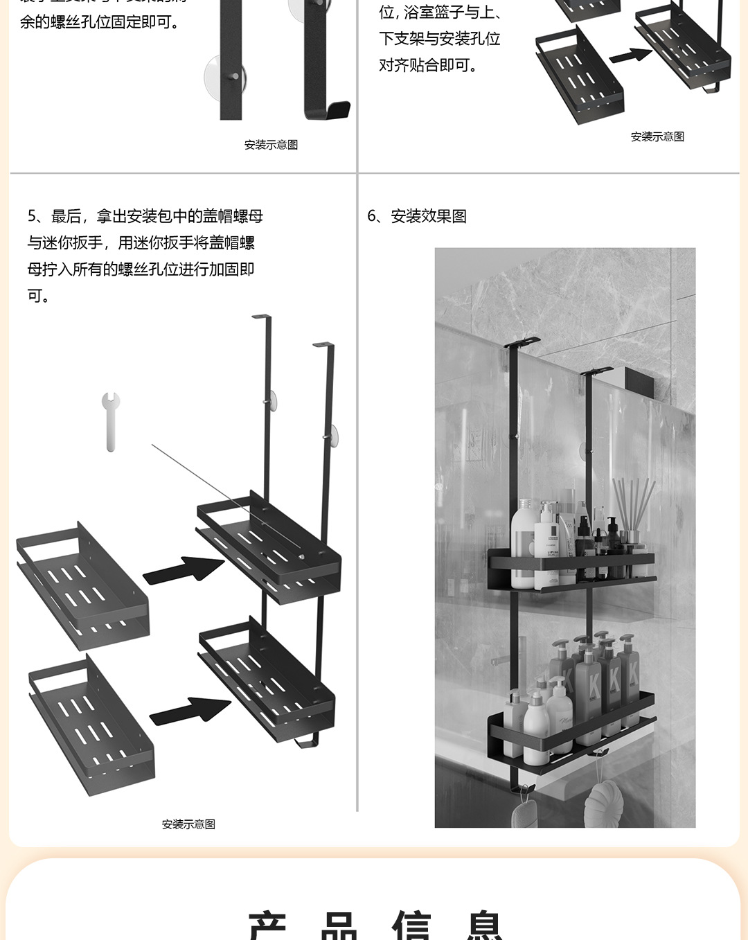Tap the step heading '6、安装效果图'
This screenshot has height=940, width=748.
417,216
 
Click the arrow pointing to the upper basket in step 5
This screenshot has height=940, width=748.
184,569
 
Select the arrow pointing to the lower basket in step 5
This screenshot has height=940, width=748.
190,711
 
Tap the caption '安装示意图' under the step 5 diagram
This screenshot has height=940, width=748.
188,824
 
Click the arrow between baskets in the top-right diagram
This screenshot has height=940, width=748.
630,55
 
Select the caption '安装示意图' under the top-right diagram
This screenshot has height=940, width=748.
657,137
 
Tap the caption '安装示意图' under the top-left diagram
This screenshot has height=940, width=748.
271,145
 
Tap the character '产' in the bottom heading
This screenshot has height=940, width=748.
269,925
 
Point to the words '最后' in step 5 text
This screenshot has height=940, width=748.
66,216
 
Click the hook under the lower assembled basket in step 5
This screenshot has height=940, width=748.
307,742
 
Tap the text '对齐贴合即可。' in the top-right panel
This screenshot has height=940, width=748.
427,65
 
